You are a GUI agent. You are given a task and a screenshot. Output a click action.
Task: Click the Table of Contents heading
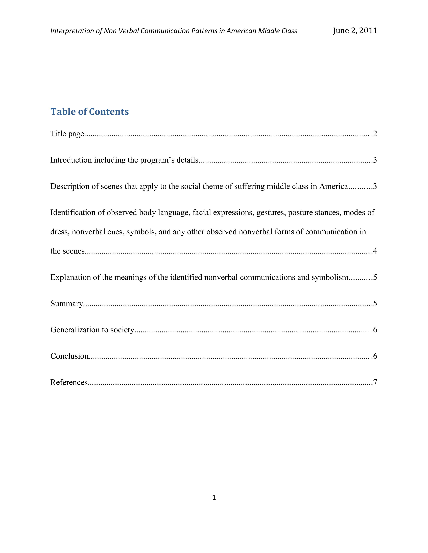(89, 112)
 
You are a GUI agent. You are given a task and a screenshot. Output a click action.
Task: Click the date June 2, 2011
(355, 31)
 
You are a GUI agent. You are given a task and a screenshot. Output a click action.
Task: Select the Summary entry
(67, 304)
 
